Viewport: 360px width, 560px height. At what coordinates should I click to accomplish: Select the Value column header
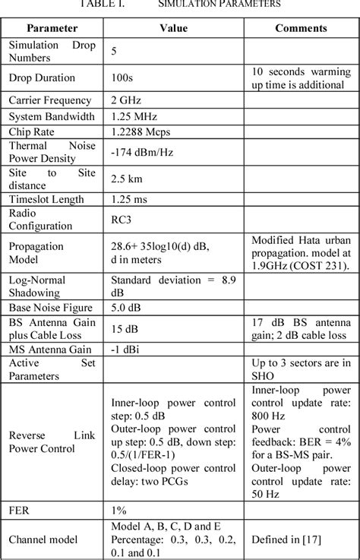click(x=172, y=28)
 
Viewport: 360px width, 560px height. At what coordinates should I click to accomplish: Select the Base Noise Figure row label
click(x=50, y=308)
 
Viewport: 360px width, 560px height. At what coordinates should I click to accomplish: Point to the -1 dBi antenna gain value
click(x=127, y=350)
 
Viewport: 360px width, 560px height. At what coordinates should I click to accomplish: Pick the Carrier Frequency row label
click(x=50, y=100)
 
